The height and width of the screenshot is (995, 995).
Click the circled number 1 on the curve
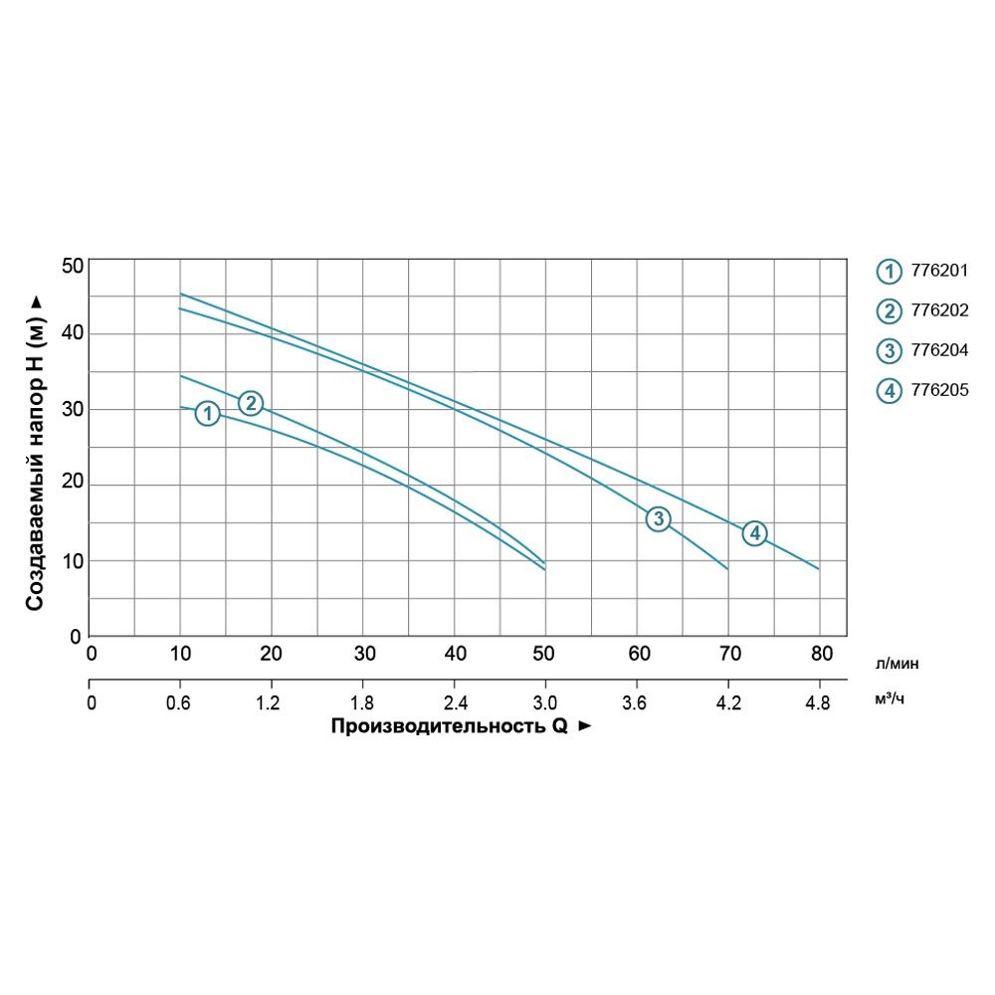point(207,413)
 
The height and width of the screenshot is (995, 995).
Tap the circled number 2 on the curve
point(251,403)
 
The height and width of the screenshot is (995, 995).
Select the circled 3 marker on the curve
point(658,518)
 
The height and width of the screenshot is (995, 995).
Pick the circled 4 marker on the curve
point(755,533)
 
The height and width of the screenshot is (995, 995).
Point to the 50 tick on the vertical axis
point(72,266)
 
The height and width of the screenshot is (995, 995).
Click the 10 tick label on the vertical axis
point(72,560)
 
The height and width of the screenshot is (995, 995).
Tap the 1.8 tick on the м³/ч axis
point(362,703)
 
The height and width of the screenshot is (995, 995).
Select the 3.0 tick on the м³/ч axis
point(544,703)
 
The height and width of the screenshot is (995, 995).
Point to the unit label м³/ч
point(890,699)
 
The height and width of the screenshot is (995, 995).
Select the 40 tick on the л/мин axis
point(454,655)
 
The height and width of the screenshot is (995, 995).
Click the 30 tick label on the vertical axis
point(72,409)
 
